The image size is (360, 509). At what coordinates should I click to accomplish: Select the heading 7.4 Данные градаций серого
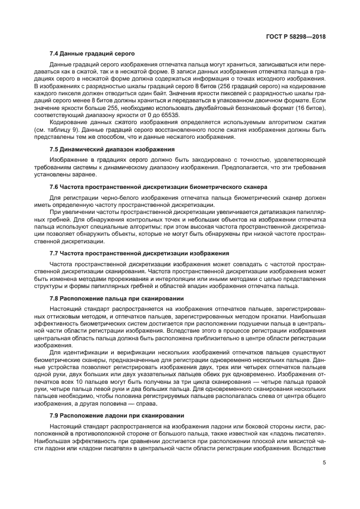point(88,54)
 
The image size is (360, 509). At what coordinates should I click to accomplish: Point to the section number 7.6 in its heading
point(54,186)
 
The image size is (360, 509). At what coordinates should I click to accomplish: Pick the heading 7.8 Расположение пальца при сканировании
point(116,298)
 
